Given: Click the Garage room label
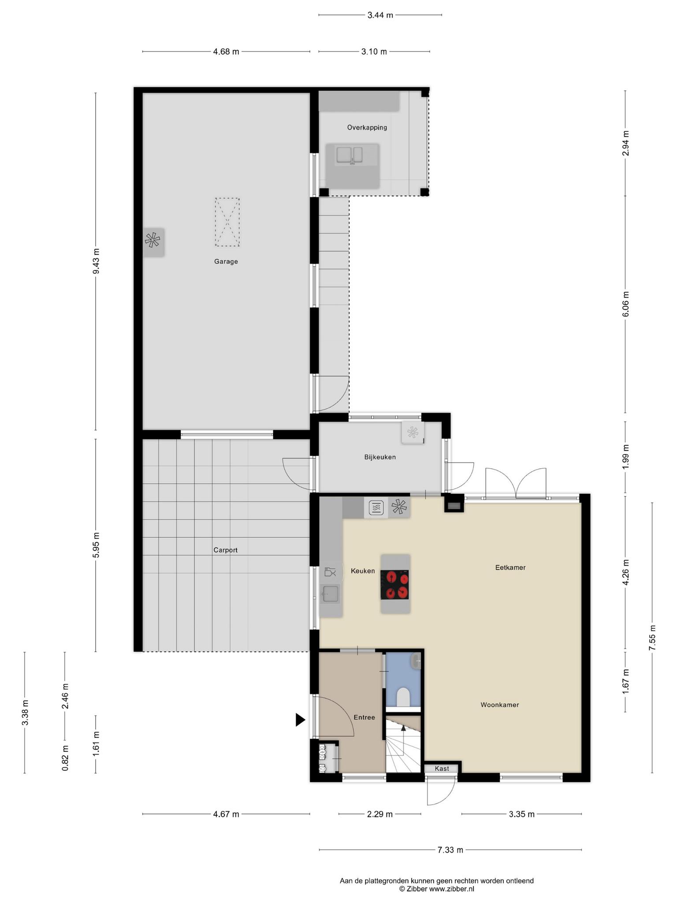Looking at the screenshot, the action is (226, 261).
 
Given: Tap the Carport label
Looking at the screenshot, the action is (225, 550).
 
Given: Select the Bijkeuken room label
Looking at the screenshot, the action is (380, 457).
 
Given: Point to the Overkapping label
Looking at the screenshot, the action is (367, 127).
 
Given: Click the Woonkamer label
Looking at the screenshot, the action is (499, 705).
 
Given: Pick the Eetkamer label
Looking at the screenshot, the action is (510, 567).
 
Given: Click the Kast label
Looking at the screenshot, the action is (442, 769).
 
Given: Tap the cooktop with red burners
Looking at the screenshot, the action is (394, 585).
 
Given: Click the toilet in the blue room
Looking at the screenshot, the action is (403, 697).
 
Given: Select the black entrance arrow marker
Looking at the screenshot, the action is (300, 720).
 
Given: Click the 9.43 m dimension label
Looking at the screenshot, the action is (96, 261).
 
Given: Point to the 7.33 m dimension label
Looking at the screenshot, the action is (450, 850).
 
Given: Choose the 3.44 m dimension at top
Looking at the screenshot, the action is (380, 15).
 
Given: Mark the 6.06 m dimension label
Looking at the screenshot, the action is (625, 304).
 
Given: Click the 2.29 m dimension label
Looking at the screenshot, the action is (379, 814).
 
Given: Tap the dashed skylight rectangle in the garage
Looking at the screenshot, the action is (227, 222).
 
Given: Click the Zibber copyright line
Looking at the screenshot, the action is (436, 889).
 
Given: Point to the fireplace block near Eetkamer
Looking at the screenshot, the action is (454, 503).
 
